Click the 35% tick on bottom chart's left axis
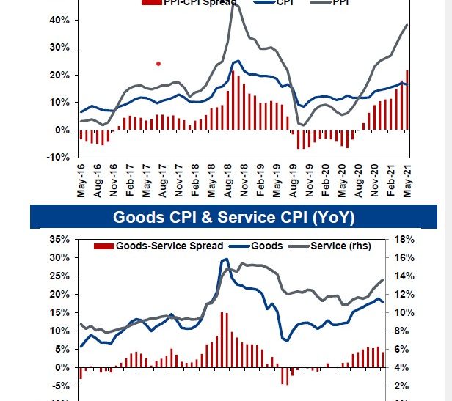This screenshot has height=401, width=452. coord(60,239)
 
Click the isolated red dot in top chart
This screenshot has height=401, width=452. coord(158,64)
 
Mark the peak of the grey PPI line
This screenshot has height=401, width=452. coord(234,4)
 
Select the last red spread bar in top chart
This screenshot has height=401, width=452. coord(407,100)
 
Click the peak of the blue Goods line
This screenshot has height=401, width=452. coord(225,259)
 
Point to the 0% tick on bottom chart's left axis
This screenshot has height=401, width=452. coord(62,367)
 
